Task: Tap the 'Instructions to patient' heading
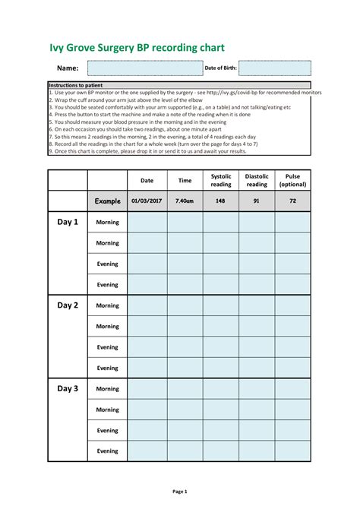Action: [76, 85]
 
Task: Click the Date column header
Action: [147, 181]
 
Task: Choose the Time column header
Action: [185, 181]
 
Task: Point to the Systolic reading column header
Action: [221, 180]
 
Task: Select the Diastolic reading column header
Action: [257, 180]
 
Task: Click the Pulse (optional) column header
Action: [292, 180]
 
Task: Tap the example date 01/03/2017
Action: [147, 201]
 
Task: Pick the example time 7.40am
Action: [185, 201]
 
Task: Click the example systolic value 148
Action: [221, 201]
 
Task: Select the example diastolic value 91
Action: [257, 201]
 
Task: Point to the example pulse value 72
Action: [292, 201]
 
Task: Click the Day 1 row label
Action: [68, 222]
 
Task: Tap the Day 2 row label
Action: [68, 305]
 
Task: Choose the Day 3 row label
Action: [68, 388]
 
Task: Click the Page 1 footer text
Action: [179, 492]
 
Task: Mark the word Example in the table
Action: [107, 201]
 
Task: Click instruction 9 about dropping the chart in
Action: [148, 151]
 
